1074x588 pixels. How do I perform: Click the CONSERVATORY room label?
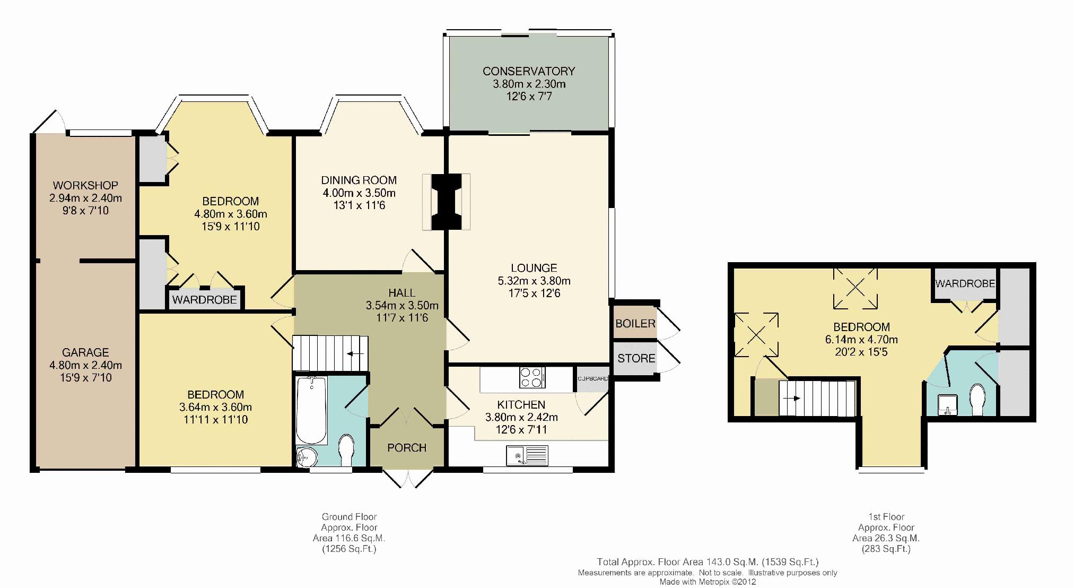[528, 71]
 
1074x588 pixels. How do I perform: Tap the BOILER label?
[635, 324]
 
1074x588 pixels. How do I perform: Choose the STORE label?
[636, 359]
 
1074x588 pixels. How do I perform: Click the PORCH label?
[407, 448]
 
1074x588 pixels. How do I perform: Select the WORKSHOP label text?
[85, 186]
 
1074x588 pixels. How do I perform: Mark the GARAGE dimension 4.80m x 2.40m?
[85, 365]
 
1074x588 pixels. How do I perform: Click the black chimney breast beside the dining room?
[446, 202]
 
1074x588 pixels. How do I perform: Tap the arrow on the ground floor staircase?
[355, 353]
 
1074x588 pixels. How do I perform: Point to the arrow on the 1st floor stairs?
[792, 398]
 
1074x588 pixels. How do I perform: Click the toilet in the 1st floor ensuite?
[977, 400]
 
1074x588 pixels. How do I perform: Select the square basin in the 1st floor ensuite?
[946, 404]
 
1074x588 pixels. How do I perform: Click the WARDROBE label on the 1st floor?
[965, 284]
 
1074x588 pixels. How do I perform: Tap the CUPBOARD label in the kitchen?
[593, 379]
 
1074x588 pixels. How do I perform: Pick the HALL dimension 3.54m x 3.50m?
[402, 306]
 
